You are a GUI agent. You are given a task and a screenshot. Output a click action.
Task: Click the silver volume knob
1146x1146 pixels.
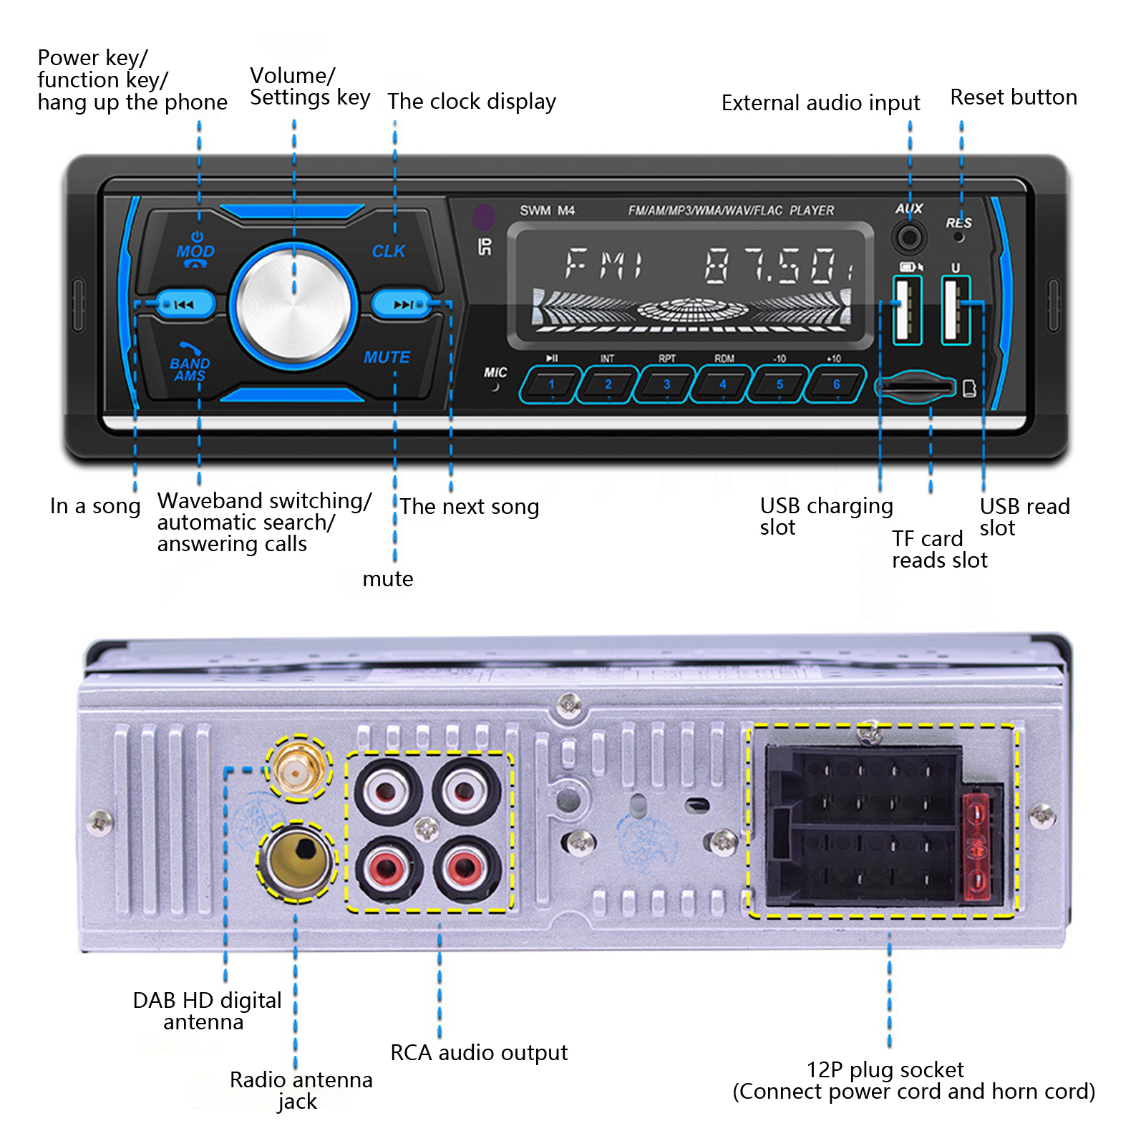pyautogui.click(x=293, y=304)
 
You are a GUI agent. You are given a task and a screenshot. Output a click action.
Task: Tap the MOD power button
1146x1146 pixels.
pyautogui.click(x=195, y=250)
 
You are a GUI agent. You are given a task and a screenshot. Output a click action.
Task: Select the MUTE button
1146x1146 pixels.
pyautogui.click(x=387, y=356)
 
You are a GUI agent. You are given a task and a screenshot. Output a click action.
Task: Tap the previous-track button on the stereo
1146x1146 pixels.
pyautogui.click(x=185, y=304)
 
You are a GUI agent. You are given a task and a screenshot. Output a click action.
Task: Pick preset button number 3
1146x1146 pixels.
pyautogui.click(x=666, y=384)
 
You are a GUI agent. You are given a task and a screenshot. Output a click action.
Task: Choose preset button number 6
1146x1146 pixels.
pyautogui.click(x=835, y=384)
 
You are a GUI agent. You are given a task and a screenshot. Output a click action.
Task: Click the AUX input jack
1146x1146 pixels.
pyautogui.click(x=909, y=237)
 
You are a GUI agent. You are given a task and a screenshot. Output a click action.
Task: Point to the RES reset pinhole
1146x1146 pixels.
pyautogui.click(x=959, y=237)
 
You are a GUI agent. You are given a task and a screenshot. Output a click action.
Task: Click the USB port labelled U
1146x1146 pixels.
pyautogui.click(x=955, y=309)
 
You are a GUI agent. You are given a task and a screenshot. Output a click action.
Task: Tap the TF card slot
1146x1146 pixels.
pyautogui.click(x=916, y=387)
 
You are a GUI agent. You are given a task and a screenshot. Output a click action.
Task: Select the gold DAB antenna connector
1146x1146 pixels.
pyautogui.click(x=298, y=769)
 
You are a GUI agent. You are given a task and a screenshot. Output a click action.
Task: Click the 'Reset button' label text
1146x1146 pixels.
pyautogui.click(x=1013, y=97)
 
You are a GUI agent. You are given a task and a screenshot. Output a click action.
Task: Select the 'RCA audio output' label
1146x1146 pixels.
pyautogui.click(x=478, y=1053)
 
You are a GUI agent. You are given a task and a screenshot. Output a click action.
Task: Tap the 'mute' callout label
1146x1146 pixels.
pyautogui.click(x=387, y=578)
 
